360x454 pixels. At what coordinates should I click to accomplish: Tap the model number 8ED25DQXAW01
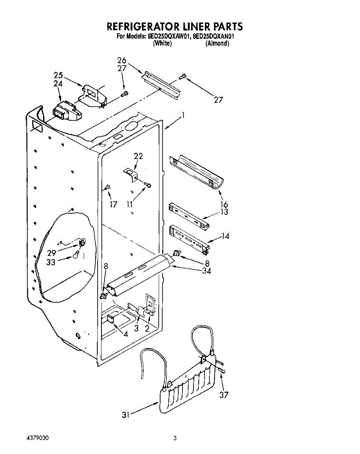(x=168, y=37)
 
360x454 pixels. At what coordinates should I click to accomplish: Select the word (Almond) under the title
(x=217, y=44)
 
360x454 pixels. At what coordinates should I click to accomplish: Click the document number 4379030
(x=37, y=438)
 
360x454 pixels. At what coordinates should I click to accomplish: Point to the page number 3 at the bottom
(x=175, y=439)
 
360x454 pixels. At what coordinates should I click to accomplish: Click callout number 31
(x=126, y=415)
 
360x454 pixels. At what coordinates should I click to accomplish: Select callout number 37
(x=224, y=395)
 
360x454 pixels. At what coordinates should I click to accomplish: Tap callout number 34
(x=206, y=271)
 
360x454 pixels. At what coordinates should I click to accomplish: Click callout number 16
(x=224, y=205)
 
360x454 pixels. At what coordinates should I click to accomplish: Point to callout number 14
(x=226, y=236)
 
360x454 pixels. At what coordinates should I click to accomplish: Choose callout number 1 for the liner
(x=183, y=117)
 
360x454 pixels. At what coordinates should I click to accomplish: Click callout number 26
(x=122, y=61)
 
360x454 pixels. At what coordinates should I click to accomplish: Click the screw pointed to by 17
(x=108, y=187)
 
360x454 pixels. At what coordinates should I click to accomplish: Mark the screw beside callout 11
(x=149, y=185)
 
